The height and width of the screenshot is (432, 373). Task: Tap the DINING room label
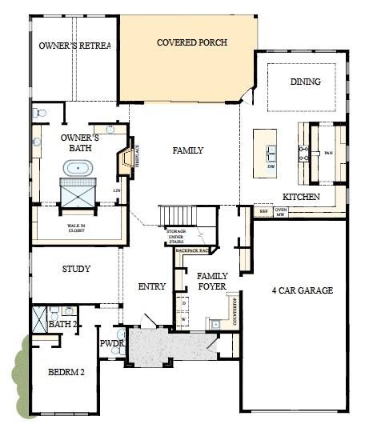point(306,82)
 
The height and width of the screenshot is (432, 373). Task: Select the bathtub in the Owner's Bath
point(78,168)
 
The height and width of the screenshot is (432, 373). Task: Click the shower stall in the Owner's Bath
point(78,193)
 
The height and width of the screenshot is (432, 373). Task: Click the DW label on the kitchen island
point(271,166)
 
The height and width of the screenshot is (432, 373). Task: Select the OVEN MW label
point(281,211)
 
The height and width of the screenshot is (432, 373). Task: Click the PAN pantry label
point(328,153)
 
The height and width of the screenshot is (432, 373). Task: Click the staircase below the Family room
point(178,216)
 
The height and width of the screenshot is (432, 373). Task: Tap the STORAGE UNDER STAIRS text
point(176,236)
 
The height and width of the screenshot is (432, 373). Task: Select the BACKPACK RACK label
point(192,250)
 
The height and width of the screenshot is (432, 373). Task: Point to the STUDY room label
point(76,269)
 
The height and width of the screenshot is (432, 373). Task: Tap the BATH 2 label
point(61,325)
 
